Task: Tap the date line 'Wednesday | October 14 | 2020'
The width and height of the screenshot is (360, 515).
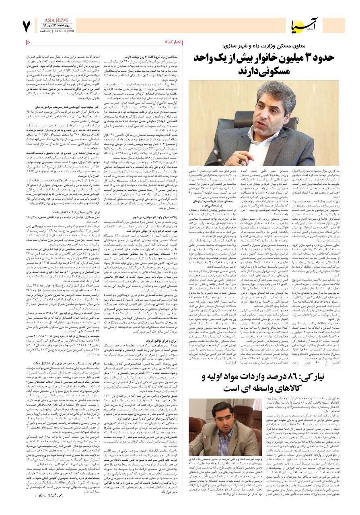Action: (57, 31)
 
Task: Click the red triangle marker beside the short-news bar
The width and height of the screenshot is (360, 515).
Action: (27, 42)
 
